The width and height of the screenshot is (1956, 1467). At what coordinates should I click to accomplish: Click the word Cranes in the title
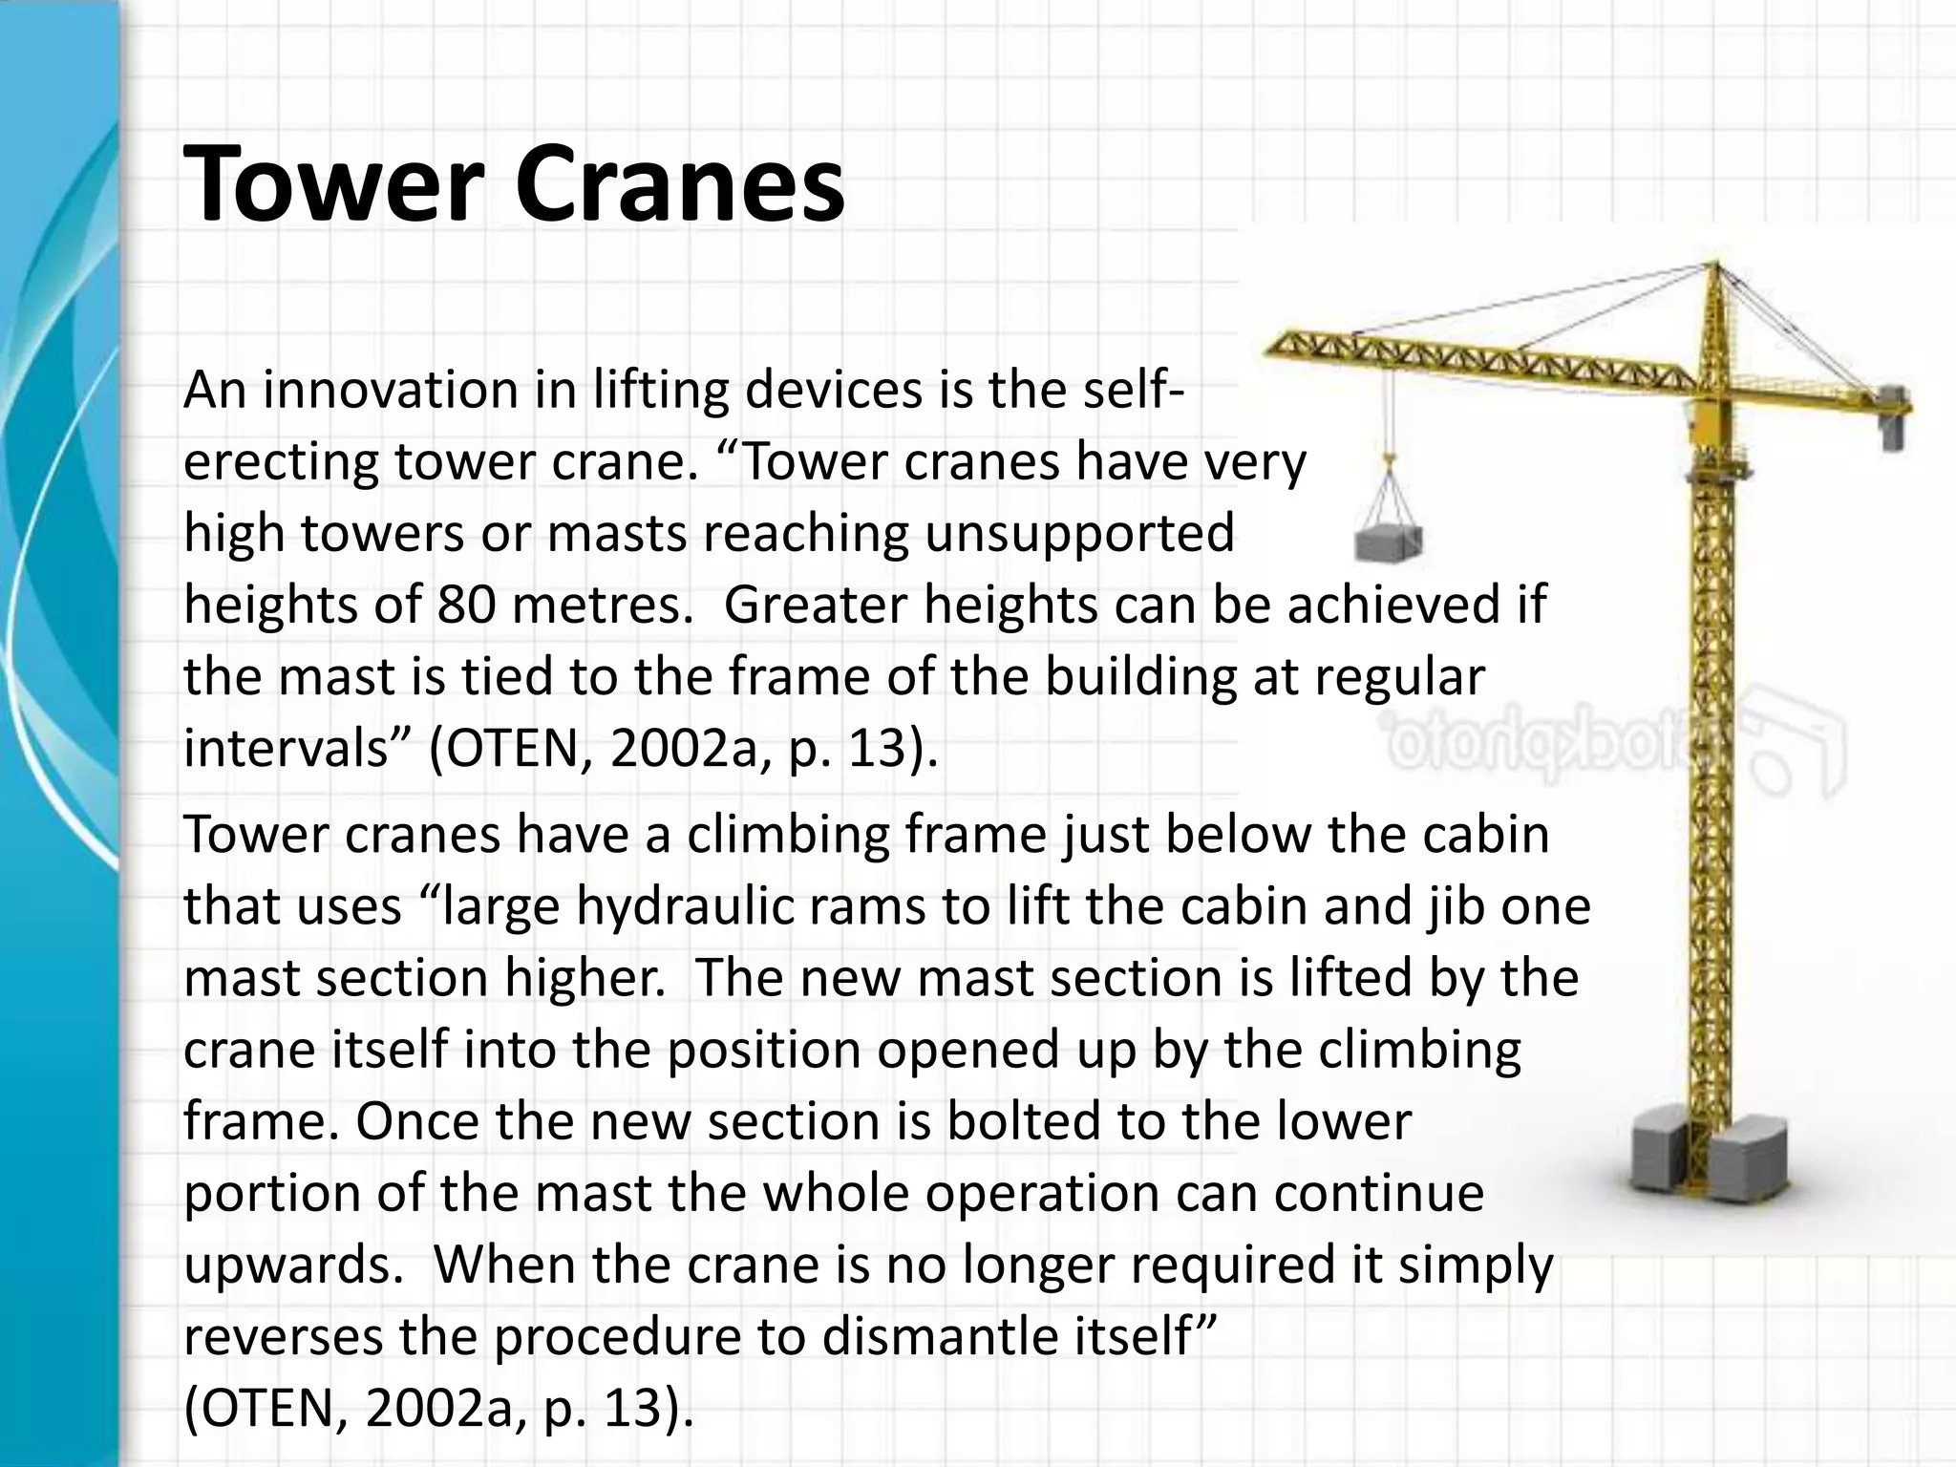click(x=679, y=182)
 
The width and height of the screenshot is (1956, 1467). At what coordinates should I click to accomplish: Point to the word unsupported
click(x=1079, y=533)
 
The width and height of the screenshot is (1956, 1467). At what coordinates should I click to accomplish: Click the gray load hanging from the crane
click(x=1388, y=544)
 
